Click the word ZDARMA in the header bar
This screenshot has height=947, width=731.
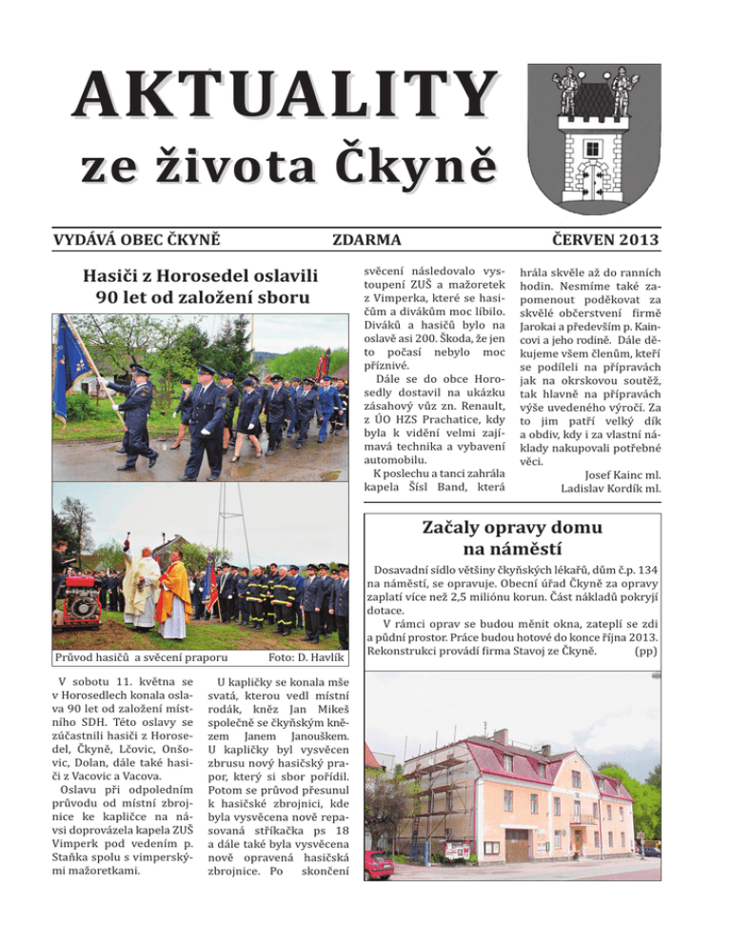tap(365, 238)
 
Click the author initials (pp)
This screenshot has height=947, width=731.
tap(643, 652)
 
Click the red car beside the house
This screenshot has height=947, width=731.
tap(377, 864)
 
